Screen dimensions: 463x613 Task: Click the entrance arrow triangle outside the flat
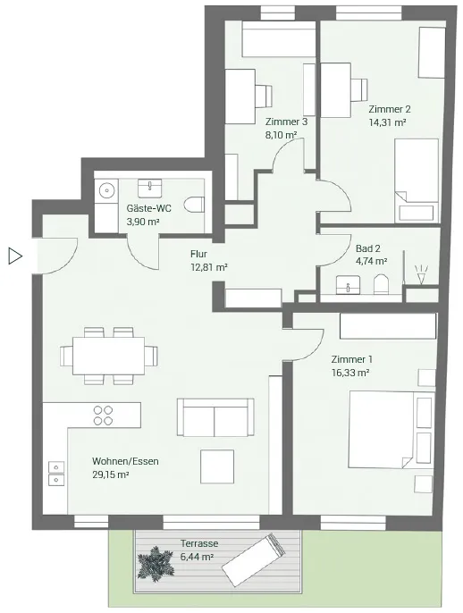point(15,256)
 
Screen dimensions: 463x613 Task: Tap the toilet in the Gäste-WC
point(195,205)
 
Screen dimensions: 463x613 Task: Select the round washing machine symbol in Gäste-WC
point(106,191)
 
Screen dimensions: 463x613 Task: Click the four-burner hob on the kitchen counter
point(104,416)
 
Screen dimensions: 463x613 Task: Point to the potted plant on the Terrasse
point(156,563)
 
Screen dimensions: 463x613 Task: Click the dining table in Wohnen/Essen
point(108,356)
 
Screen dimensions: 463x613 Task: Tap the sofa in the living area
point(215,417)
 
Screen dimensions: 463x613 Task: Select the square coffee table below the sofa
point(217,466)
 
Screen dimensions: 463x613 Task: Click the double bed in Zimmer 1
point(382,429)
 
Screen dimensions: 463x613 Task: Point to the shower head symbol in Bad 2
point(421,275)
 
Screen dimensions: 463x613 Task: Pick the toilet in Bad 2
point(381,284)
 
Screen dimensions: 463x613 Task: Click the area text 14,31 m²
point(387,122)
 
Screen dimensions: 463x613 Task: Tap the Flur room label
point(198,254)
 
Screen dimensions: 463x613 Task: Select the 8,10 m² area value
point(281,135)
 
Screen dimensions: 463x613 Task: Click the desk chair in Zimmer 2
point(359,89)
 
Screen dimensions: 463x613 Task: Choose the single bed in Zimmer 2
point(417,181)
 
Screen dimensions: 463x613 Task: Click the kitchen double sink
point(56,474)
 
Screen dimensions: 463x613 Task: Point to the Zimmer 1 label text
point(351,359)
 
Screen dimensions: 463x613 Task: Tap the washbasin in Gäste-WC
point(150,189)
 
